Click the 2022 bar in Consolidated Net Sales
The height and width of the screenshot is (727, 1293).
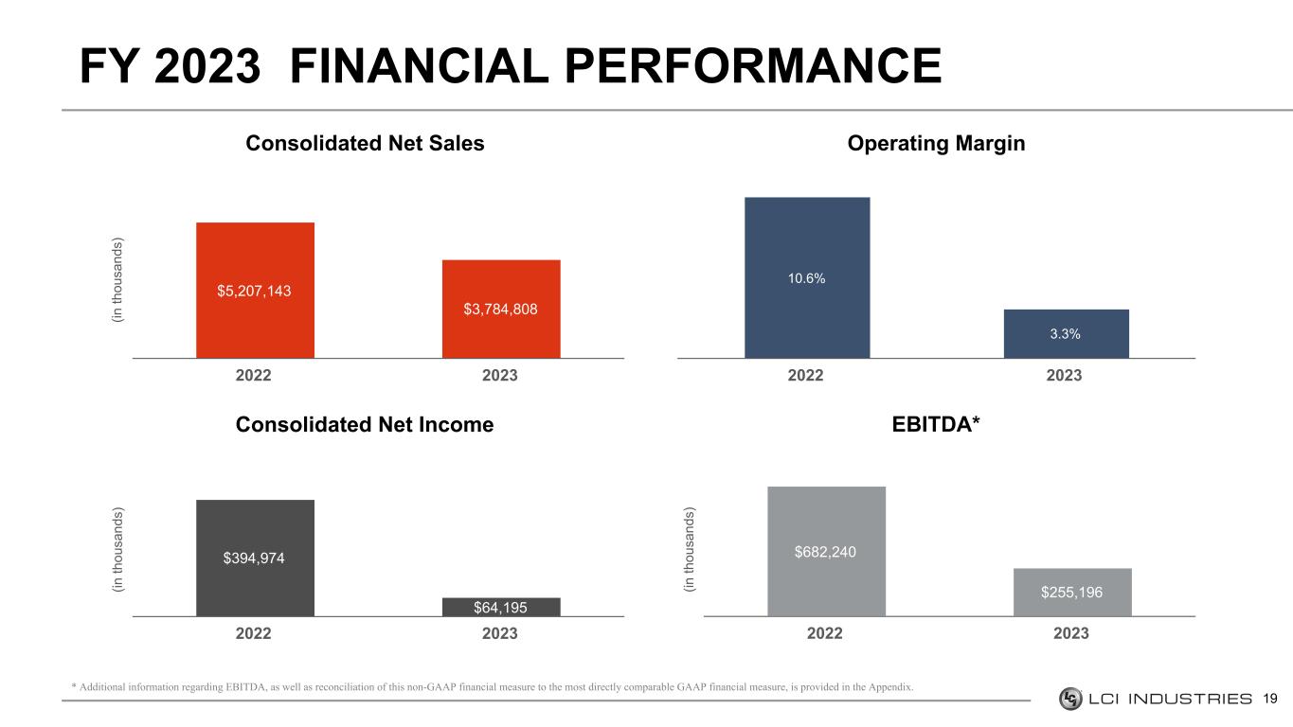(x=255, y=290)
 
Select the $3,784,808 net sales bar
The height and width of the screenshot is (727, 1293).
(x=501, y=309)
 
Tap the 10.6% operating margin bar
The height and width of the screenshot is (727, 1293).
(x=807, y=277)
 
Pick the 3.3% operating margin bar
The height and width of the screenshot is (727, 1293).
(x=1066, y=333)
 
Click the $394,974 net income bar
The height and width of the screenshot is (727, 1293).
(x=255, y=558)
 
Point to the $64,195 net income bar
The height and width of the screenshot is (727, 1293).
(x=501, y=607)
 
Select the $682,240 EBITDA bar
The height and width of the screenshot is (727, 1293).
(x=826, y=551)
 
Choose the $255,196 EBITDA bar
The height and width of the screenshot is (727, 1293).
(x=1072, y=592)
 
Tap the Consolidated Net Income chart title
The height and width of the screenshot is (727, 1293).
(x=365, y=425)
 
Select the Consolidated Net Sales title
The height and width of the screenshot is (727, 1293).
(x=365, y=144)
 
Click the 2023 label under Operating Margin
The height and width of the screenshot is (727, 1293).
(x=1065, y=376)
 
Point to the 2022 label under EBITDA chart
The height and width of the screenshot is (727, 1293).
(x=825, y=633)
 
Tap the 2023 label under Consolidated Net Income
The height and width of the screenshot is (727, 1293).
(x=500, y=633)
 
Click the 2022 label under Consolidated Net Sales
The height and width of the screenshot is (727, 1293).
(x=253, y=376)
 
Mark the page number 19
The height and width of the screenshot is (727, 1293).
(x=1271, y=700)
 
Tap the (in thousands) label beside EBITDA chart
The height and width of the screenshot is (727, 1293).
(x=690, y=552)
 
